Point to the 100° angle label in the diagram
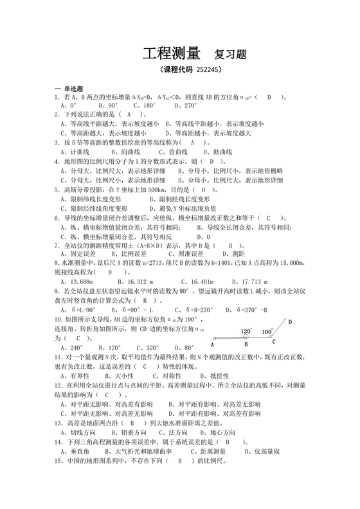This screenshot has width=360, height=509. tap(268, 332)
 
